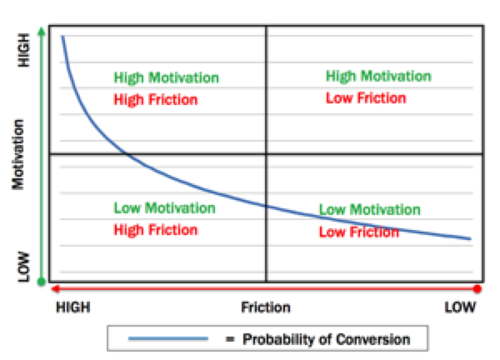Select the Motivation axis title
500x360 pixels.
tap(18, 157)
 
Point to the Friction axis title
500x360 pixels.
tap(266, 307)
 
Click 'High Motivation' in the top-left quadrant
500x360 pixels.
tap(167, 78)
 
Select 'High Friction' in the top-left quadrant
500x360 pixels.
tap(156, 100)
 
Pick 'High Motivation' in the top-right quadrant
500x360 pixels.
tap(377, 77)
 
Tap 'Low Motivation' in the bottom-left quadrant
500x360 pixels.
tap(163, 208)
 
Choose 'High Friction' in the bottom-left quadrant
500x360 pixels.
tap(156, 229)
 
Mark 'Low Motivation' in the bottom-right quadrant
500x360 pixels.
tap(369, 210)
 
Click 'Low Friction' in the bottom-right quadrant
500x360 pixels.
tap(358, 232)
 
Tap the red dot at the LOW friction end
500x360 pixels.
tap(477, 289)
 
